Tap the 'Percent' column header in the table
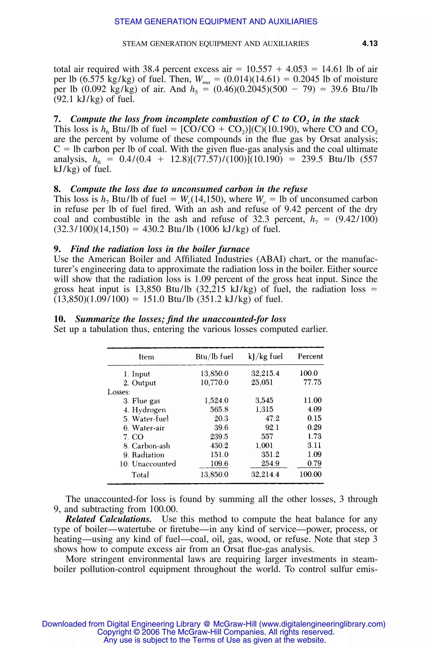[x=310, y=356]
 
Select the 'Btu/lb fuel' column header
[x=214, y=356]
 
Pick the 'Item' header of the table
[x=146, y=357]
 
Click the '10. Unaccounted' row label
[x=148, y=464]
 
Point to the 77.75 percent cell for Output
[x=312, y=382]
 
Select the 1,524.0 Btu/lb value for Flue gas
[x=216, y=400]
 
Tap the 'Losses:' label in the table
[x=119, y=392]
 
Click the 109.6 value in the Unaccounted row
[x=219, y=463]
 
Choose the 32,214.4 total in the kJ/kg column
[x=265, y=474]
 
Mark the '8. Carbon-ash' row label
[x=147, y=446]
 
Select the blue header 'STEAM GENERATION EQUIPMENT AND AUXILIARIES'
[x=216, y=22]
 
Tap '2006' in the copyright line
[x=150, y=632]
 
